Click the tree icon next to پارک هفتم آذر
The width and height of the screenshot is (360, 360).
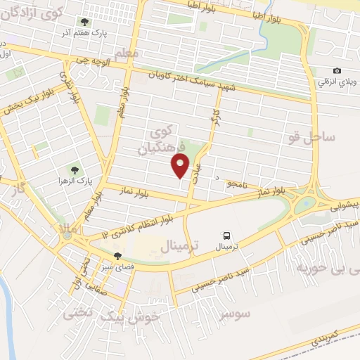86,22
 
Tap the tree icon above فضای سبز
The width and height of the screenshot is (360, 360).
117,256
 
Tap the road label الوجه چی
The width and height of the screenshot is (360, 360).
94,62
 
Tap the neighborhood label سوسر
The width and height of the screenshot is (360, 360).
234,314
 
